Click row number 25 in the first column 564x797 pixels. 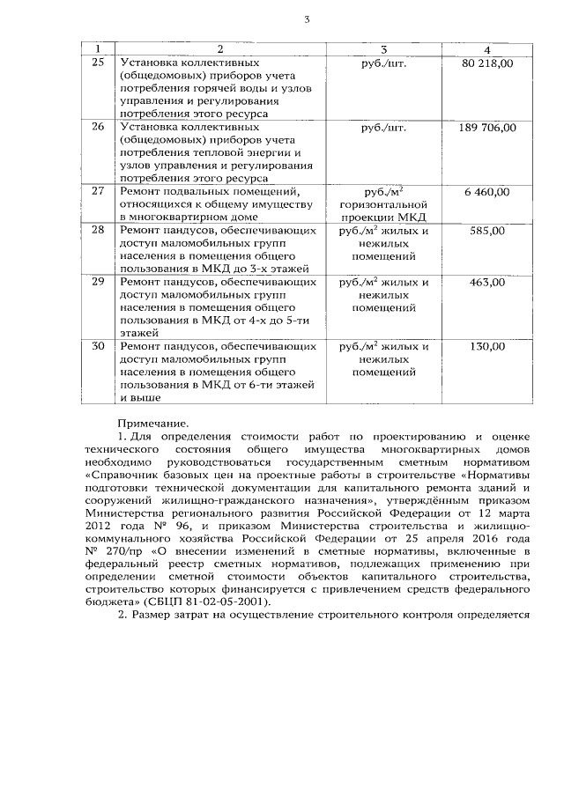click(x=98, y=63)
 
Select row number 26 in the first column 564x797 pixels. click(x=98, y=127)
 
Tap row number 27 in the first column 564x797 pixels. click(x=98, y=191)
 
